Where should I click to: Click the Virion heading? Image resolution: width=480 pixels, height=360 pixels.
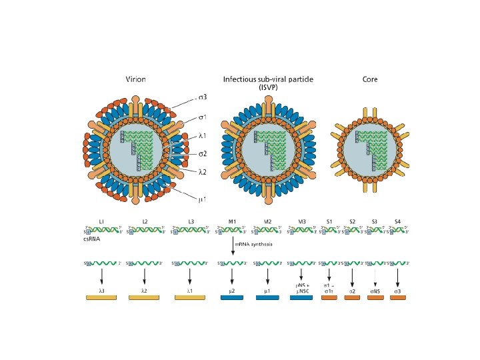pyautogui.click(x=136, y=79)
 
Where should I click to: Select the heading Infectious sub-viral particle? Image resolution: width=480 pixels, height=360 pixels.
pyautogui.click(x=268, y=79)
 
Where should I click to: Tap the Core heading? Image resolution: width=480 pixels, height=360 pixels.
pyautogui.click(x=370, y=79)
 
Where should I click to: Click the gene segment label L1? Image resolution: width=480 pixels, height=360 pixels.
pyautogui.click(x=101, y=221)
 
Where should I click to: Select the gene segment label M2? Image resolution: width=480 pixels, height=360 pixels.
pyautogui.click(x=267, y=221)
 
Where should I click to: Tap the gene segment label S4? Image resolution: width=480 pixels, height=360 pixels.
pyautogui.click(x=397, y=221)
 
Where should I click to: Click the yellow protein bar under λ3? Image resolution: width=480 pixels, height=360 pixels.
pyautogui.click(x=101, y=297)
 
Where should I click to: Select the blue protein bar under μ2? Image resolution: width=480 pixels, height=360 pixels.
pyautogui.click(x=232, y=297)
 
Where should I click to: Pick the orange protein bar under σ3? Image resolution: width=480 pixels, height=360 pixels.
pyautogui.click(x=397, y=297)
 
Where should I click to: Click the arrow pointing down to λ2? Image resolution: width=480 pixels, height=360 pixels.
pyautogui.click(x=144, y=276)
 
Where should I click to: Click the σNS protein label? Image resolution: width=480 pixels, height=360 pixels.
pyautogui.click(x=375, y=291)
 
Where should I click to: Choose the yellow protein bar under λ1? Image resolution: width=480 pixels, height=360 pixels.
pyautogui.click(x=190, y=297)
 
